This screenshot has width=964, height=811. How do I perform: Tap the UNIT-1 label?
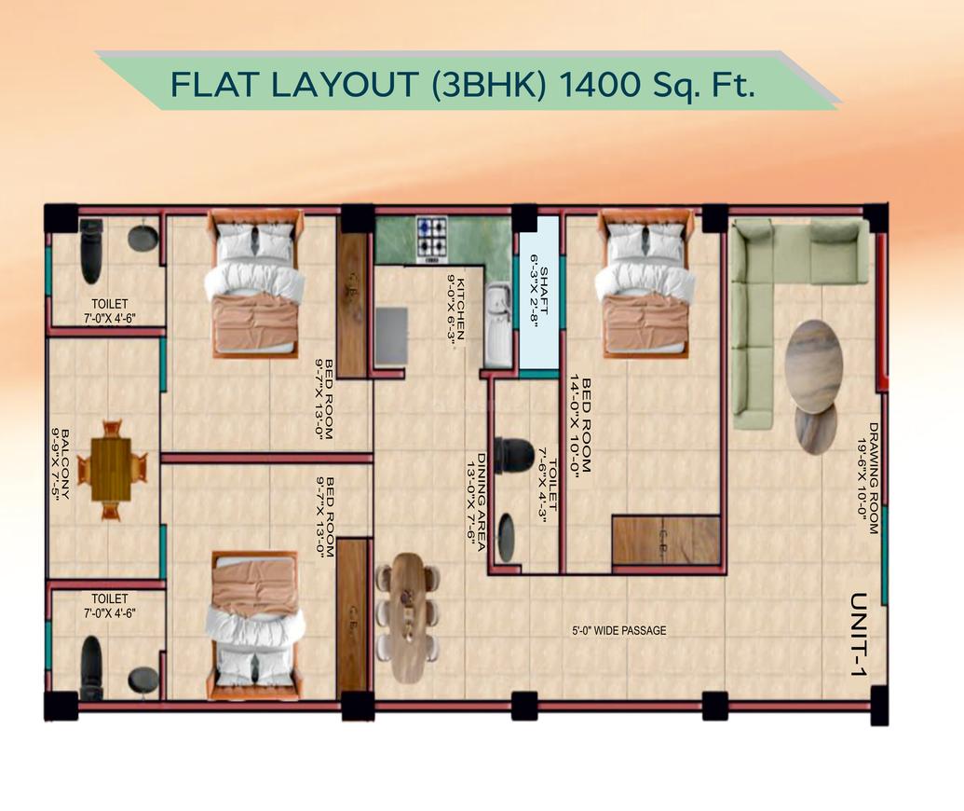pyautogui.click(x=859, y=634)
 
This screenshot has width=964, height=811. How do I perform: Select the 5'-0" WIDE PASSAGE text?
pyautogui.click(x=618, y=631)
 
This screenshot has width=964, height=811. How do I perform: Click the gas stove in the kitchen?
pyautogui.click(x=431, y=237)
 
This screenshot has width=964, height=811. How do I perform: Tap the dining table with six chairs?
pyautogui.click(x=407, y=618)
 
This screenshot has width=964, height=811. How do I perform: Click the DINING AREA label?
pyautogui.click(x=481, y=503)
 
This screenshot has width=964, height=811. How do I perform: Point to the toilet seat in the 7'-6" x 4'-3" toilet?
pyautogui.click(x=514, y=455)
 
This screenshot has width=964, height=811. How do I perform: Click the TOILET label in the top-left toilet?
pyautogui.click(x=109, y=304)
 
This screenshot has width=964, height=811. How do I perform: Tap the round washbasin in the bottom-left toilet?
pyautogui.click(x=143, y=679)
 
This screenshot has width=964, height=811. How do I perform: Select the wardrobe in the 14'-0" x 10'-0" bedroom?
pyautogui.click(x=666, y=541)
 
